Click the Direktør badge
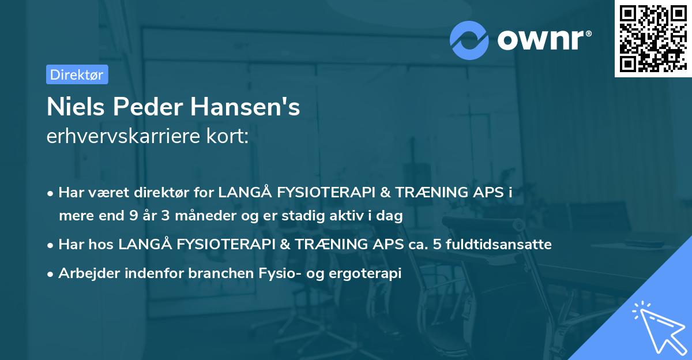click(77, 74)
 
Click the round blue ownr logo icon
click(469, 39)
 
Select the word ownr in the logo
click(543, 39)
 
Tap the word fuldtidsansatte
click(504, 245)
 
